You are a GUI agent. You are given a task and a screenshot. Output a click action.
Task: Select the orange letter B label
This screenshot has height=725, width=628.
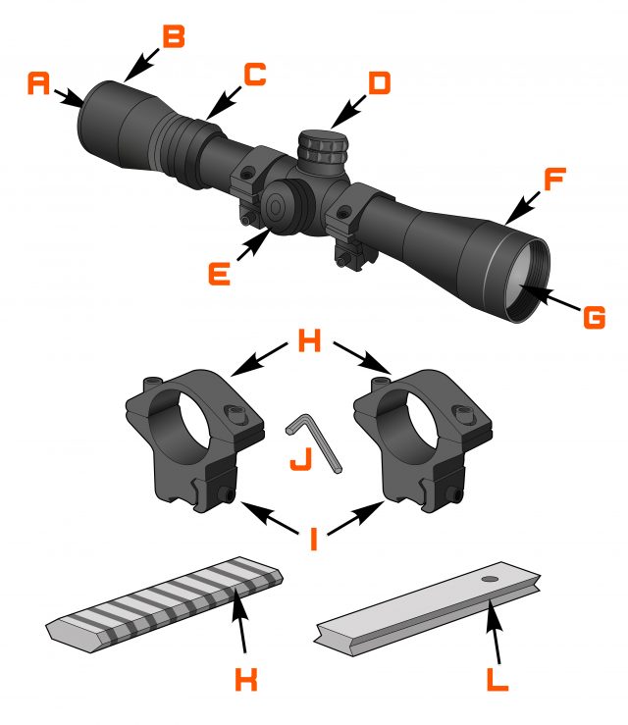coord(173,37)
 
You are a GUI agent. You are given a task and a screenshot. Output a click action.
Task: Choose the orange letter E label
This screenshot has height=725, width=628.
coord(219,272)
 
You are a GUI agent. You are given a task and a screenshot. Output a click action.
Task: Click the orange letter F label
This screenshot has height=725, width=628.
coord(554,181)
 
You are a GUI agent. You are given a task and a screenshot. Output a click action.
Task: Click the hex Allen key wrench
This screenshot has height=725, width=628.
coord(316,440)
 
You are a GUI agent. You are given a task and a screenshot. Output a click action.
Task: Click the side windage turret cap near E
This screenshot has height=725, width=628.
coord(277,206)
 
